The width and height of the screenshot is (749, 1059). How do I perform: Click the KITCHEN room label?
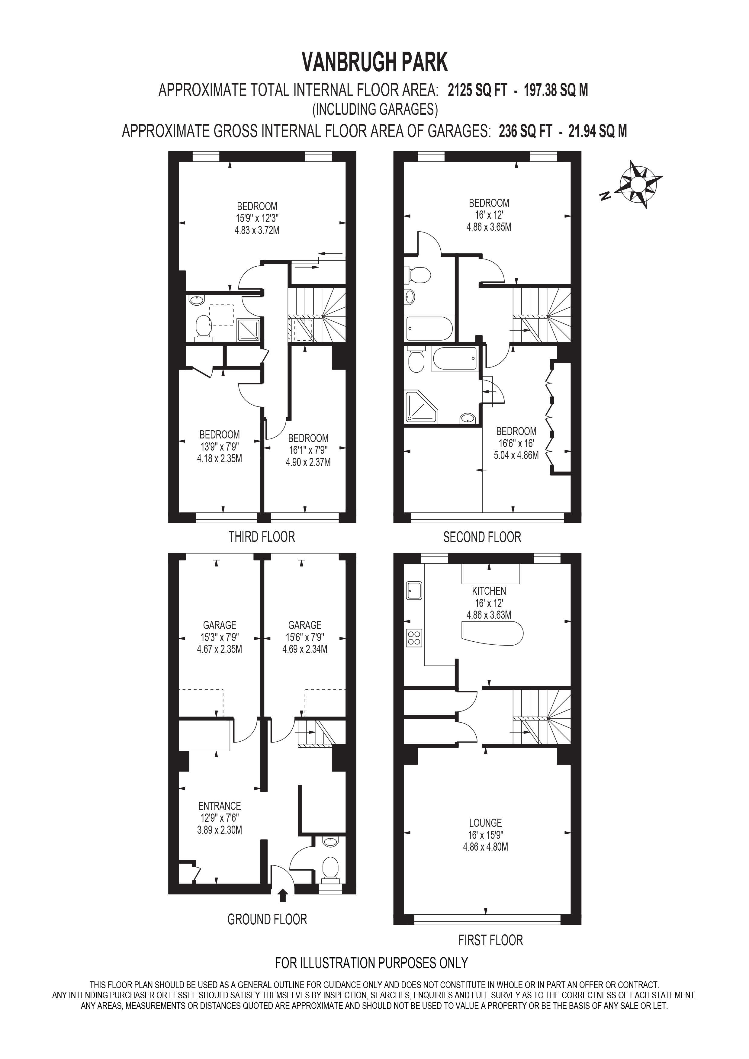(x=489, y=591)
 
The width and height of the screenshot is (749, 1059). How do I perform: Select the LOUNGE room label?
(x=485, y=822)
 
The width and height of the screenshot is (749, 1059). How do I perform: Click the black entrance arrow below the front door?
(x=283, y=896)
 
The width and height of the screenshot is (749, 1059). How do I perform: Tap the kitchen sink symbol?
(x=414, y=590)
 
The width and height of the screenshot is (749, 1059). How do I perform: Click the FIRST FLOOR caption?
(x=490, y=940)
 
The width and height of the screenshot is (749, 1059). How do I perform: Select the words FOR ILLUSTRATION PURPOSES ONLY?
(x=371, y=963)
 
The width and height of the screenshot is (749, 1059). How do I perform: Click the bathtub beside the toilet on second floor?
(x=454, y=359)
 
